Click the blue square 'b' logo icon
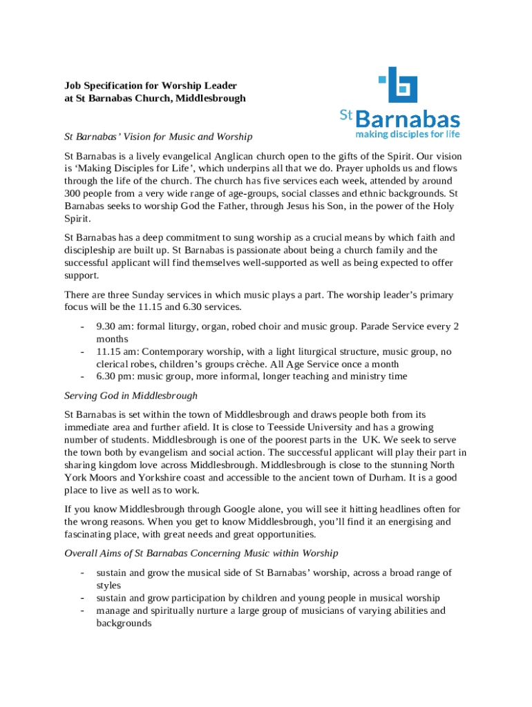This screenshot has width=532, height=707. (x=400, y=85)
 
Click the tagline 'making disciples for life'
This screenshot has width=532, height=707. (x=407, y=133)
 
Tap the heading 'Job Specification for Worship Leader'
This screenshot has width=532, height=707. (x=151, y=86)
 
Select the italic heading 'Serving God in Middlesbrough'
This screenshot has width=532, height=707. (x=131, y=396)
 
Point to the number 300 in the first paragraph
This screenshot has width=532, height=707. (x=73, y=193)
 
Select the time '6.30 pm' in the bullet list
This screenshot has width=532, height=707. (x=115, y=376)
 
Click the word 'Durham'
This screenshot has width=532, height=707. (x=387, y=477)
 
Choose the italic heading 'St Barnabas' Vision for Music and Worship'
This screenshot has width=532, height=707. (x=158, y=137)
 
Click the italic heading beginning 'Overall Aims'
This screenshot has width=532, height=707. (x=201, y=553)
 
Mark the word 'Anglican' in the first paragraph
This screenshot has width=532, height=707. (x=235, y=156)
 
